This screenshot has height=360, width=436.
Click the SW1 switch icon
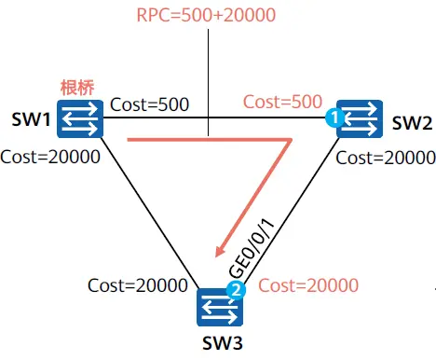pyautogui.click(x=80, y=118)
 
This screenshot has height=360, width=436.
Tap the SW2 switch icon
pyautogui.click(x=360, y=118)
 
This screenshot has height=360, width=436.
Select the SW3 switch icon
pyautogui.click(x=220, y=307)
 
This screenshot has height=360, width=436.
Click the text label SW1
pyautogui.click(x=31, y=119)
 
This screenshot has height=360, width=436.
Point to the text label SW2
pyautogui.click(x=412, y=123)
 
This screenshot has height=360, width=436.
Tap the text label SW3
pyautogui.click(x=223, y=343)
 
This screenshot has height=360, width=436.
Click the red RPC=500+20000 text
pyautogui.click(x=206, y=15)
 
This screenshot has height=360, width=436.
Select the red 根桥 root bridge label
pyautogui.click(x=77, y=88)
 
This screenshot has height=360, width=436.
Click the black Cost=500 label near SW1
pyautogui.click(x=150, y=104)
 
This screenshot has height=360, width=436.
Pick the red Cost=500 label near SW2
pyautogui.click(x=282, y=102)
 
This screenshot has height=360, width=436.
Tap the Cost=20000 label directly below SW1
pyautogui.click(x=50, y=157)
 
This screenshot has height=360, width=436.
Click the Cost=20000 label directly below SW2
pyautogui.click(x=386, y=158)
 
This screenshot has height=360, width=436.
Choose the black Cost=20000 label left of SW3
pyautogui.click(x=138, y=285)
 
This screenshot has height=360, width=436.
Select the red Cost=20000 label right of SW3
pyautogui.click(x=308, y=285)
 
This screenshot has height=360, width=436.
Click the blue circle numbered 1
pyautogui.click(x=334, y=118)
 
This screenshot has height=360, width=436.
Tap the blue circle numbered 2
pyautogui.click(x=237, y=290)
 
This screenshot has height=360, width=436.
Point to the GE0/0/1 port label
pyautogui.click(x=252, y=248)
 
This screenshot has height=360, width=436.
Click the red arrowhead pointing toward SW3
pyautogui.click(x=221, y=250)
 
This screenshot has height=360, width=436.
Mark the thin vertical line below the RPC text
pyautogui.click(x=208, y=82)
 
